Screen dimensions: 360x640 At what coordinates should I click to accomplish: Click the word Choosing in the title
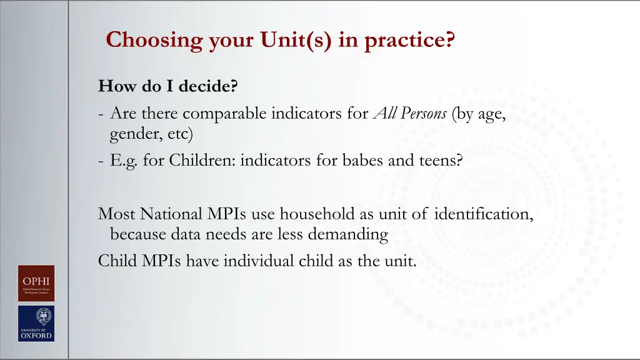(x=146, y=41)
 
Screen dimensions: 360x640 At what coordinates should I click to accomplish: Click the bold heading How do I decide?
(x=168, y=86)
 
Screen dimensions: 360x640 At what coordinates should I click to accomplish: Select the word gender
(x=133, y=134)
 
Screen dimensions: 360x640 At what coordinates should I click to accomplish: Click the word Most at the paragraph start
(x=117, y=214)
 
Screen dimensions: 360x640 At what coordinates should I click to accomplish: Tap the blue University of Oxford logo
(x=36, y=323)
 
